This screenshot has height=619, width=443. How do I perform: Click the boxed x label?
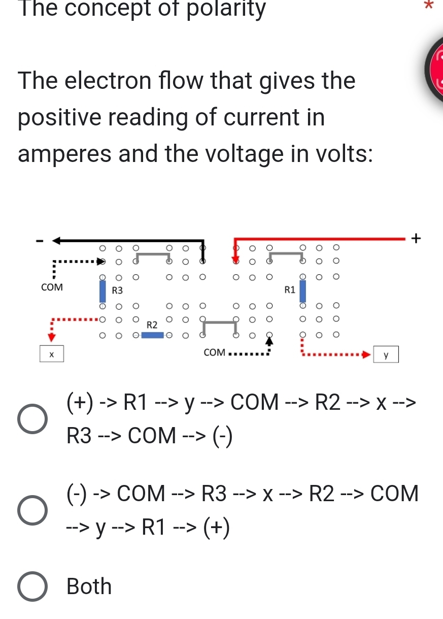click(x=52, y=353)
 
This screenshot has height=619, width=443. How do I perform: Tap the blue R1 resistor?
click(x=303, y=290)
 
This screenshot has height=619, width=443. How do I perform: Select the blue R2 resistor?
click(x=152, y=335)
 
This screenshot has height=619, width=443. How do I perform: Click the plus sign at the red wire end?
click(x=416, y=237)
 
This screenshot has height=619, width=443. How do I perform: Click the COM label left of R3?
click(x=52, y=287)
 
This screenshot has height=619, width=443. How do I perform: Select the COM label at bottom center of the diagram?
click(x=214, y=352)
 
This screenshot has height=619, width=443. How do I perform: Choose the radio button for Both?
click(x=33, y=587)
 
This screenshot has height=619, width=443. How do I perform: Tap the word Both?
click(x=89, y=587)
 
